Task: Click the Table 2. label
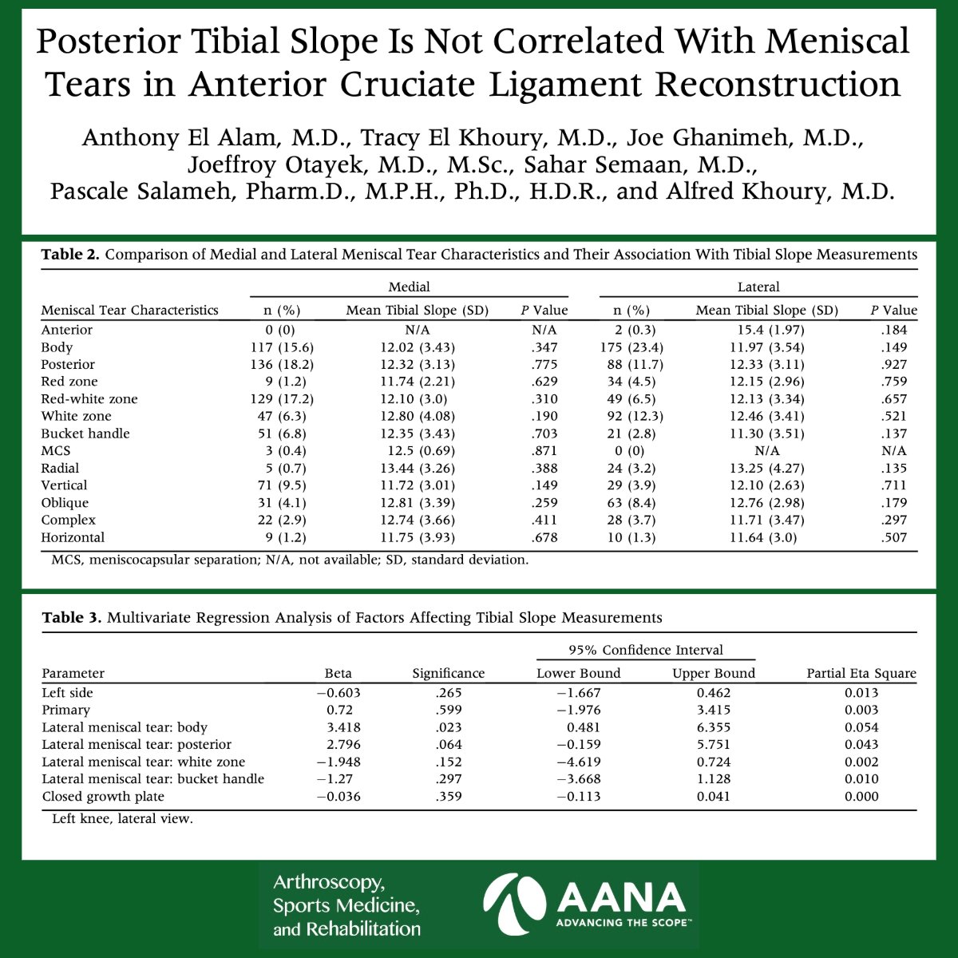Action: click(70, 255)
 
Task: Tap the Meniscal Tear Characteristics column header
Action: click(129, 311)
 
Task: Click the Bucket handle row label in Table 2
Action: click(85, 433)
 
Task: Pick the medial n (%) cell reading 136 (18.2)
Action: click(282, 364)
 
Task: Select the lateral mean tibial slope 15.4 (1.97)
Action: click(766, 330)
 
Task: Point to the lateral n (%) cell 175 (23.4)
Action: click(631, 347)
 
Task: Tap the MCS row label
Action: click(56, 451)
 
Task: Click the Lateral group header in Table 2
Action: click(758, 287)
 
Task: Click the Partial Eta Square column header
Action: click(861, 674)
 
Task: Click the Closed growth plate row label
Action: click(103, 796)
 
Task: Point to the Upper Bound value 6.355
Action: click(713, 727)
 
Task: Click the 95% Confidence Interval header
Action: click(645, 651)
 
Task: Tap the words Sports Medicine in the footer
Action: click(346, 906)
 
